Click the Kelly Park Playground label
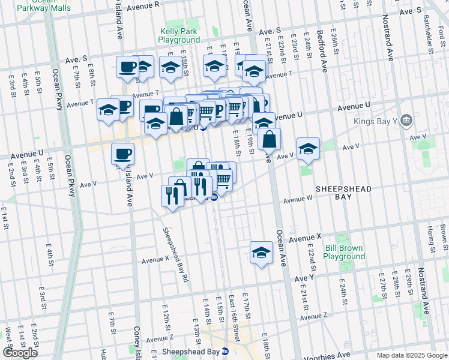pyautogui.click(x=179, y=35)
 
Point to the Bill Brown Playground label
pyautogui.click(x=344, y=252)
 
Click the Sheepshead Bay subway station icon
pyautogui.click(x=225, y=352)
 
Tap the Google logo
pyautogui.click(x=20, y=353)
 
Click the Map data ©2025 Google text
pyautogui.click(x=412, y=355)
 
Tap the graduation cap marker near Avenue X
pyautogui.click(x=261, y=252)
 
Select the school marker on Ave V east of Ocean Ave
pyautogui.click(x=307, y=149)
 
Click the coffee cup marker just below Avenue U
pyautogui.click(x=122, y=154)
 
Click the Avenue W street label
pyautogui.click(x=298, y=199)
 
